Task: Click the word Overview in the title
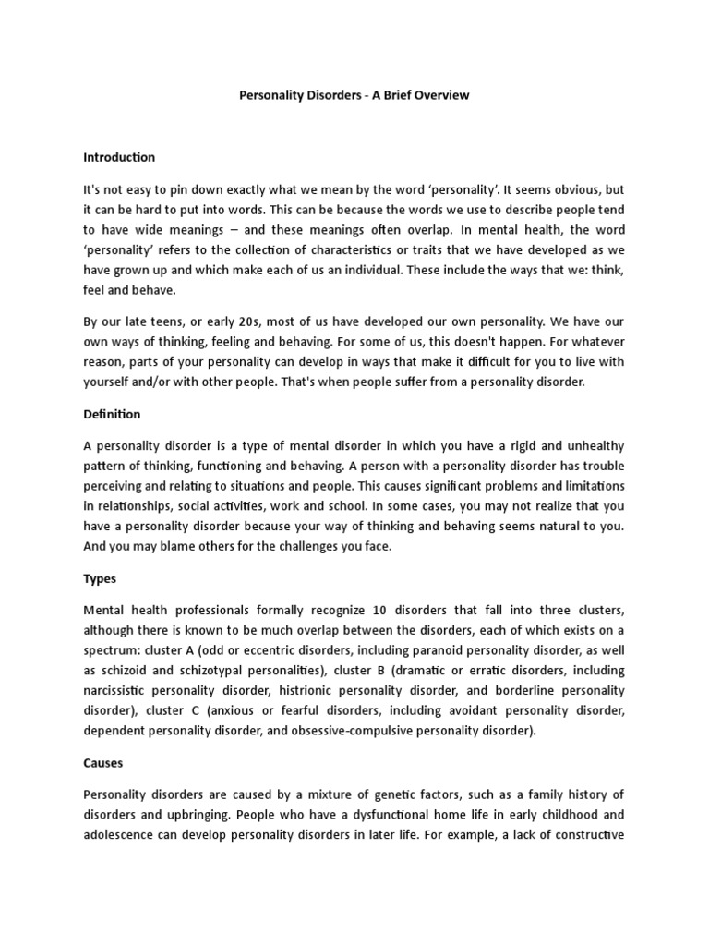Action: coord(443,95)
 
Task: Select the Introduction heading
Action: coord(119,157)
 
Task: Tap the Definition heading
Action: coord(112,415)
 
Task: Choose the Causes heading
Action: coord(102,765)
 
